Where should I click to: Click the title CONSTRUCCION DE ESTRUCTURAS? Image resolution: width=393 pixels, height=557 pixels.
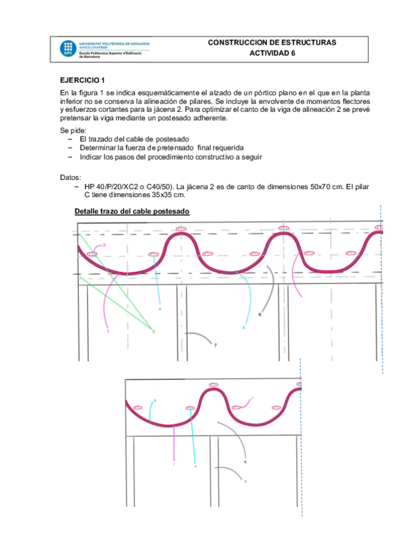272,42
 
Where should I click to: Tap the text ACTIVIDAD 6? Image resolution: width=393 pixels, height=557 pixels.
272,53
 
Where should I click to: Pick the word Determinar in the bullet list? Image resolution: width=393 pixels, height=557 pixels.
98,148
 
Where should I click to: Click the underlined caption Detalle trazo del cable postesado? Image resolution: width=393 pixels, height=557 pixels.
132,212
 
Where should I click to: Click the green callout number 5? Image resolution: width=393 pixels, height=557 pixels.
154,331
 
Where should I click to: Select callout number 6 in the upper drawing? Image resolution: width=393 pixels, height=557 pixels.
260,315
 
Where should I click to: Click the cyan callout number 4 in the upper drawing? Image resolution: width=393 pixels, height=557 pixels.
160,309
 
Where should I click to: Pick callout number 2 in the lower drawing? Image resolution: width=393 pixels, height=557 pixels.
251,398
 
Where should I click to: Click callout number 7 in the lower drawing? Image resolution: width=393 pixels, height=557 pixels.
245,482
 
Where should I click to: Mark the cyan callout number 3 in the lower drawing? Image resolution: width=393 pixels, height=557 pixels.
154,400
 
